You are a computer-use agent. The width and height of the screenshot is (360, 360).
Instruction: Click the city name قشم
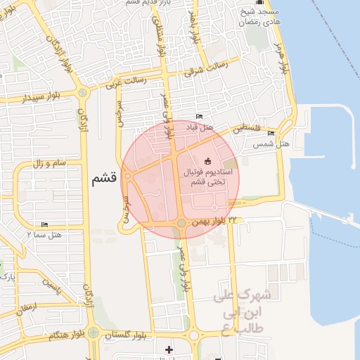tap(103, 179)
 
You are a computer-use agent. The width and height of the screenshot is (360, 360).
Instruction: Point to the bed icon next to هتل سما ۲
tap(45, 225)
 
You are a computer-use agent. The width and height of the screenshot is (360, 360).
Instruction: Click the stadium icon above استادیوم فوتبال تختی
tap(207, 160)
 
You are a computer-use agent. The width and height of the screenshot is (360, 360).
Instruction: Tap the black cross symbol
tap(168, 349)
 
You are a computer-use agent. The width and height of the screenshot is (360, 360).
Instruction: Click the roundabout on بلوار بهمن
tap(181, 224)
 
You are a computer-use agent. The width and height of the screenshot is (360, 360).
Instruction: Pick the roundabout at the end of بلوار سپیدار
tap(83, 92)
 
